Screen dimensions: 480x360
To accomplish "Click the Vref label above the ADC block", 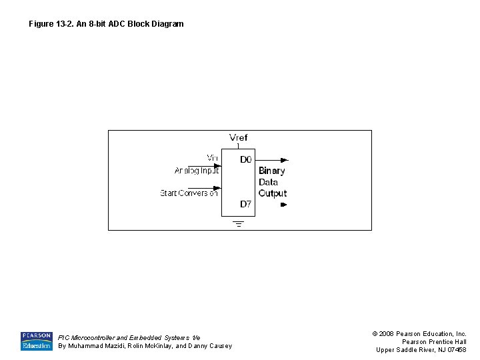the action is [238, 137].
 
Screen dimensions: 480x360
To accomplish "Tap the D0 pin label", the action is [246, 160].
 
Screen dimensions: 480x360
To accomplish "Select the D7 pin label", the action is [246, 205].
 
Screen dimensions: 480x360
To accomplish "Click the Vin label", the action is [212, 158].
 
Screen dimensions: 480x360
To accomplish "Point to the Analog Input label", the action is [197, 171].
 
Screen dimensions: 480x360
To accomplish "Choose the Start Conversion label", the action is [189, 193].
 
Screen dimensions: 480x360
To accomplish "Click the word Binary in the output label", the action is [271, 171].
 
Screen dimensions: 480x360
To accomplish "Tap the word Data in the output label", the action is [268, 182].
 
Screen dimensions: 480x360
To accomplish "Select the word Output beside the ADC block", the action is [272, 193].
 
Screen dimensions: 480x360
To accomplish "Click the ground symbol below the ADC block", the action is [238, 223].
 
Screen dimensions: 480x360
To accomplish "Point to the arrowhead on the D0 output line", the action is [285, 160].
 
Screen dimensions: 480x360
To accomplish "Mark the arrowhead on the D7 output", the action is [283, 205].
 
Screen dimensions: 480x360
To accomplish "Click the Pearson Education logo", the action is [36, 341].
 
